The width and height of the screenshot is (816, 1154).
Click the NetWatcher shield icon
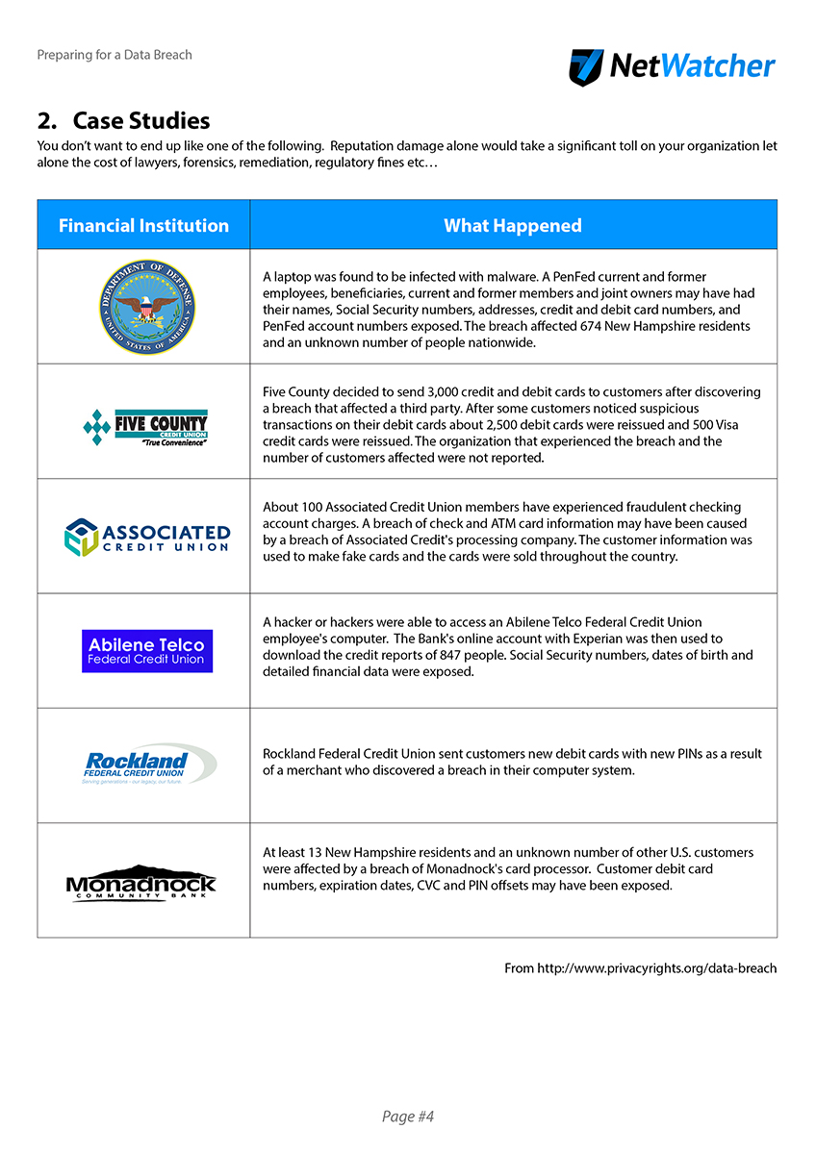[586, 67]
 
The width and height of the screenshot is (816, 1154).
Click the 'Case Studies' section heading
[123, 121]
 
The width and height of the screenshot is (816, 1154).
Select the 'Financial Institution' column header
[143, 226]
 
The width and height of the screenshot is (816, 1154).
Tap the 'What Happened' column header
[513, 226]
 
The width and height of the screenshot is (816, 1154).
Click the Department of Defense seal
[146, 307]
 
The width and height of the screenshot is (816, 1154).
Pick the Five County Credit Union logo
[146, 425]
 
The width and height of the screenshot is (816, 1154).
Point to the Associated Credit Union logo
[146, 537]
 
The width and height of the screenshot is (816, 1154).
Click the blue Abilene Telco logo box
[146, 651]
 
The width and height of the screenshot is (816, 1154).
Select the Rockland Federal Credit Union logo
[146, 765]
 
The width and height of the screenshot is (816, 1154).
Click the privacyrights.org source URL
[656, 968]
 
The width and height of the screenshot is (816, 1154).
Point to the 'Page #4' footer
[408, 1116]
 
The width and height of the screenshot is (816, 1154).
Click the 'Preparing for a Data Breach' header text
[115, 55]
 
